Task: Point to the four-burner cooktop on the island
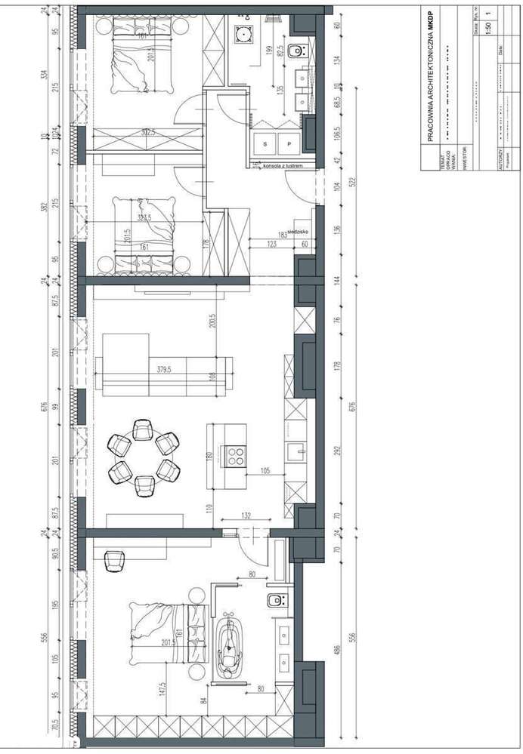coord(235,454)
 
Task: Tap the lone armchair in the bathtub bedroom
coord(113,561)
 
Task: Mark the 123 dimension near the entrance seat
coord(272,244)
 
